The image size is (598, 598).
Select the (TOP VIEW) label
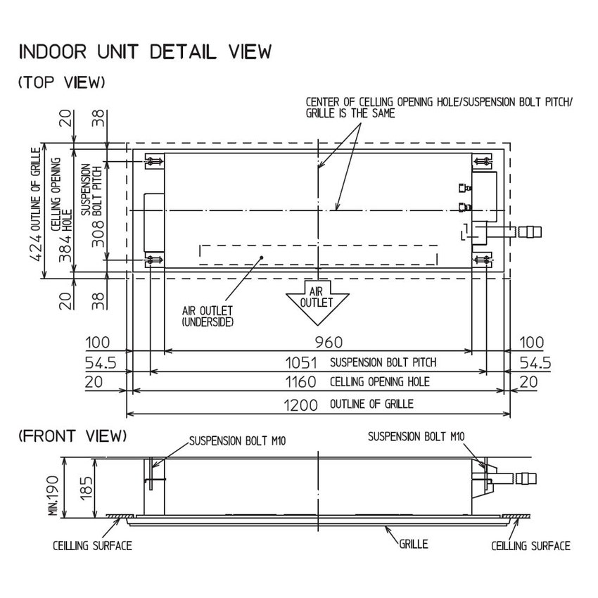click(x=62, y=82)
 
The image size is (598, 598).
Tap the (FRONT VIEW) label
click(x=72, y=436)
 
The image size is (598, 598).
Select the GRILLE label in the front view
click(x=414, y=544)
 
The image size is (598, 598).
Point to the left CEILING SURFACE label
click(x=92, y=545)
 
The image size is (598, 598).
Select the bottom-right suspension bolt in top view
click(x=484, y=260)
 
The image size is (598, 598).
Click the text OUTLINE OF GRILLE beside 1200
click(x=371, y=404)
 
